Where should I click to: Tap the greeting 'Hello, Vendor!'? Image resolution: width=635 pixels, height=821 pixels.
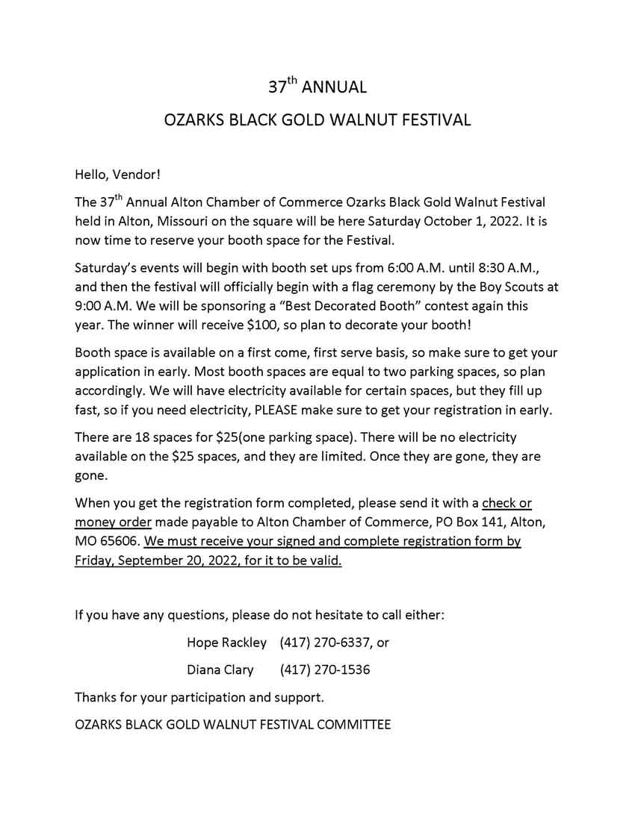(117, 175)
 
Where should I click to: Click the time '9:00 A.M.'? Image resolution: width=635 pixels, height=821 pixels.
(102, 306)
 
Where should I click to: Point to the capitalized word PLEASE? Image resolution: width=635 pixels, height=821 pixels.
(279, 410)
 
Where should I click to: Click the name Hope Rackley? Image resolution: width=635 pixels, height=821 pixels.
(226, 642)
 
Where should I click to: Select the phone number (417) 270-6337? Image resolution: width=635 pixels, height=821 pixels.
(326, 642)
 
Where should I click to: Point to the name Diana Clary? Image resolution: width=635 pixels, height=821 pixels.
(220, 669)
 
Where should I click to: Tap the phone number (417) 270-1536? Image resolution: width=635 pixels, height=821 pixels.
(326, 669)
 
